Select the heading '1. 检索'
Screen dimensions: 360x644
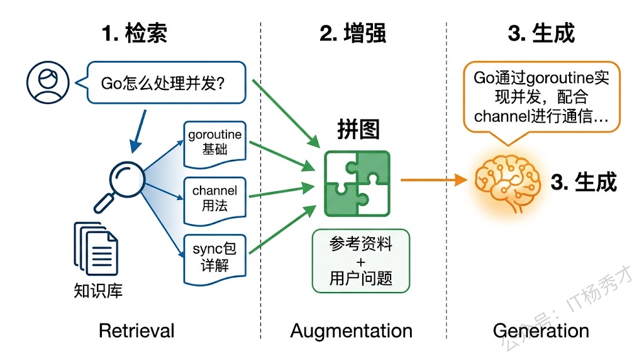pyautogui.click(x=135, y=33)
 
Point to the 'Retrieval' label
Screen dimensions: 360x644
pyautogui.click(x=136, y=330)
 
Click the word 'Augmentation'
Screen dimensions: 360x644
pyautogui.click(x=352, y=330)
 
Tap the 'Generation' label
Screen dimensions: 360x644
pyautogui.click(x=541, y=330)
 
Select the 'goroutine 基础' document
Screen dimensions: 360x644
pyautogui.click(x=214, y=143)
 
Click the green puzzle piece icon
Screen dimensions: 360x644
pyautogui.click(x=357, y=183)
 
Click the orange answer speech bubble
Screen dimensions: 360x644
pyautogui.click(x=541, y=98)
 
